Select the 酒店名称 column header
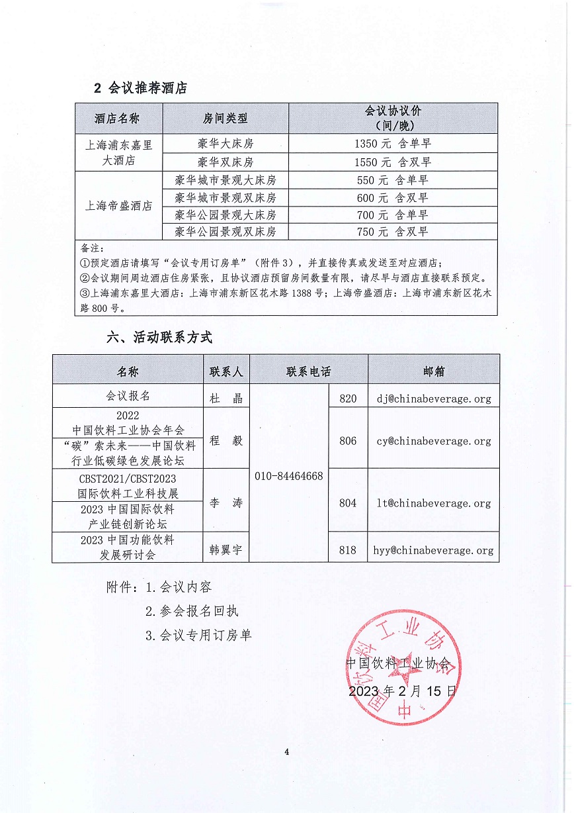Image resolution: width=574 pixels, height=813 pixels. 117,119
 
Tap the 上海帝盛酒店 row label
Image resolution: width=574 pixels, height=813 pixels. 119,206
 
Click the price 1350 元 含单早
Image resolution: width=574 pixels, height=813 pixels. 393,144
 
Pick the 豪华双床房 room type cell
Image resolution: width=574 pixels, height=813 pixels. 225,162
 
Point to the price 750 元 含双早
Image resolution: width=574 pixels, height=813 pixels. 393,232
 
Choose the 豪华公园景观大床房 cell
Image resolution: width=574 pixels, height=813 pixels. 225,215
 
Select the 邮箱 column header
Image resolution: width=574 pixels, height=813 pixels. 434,371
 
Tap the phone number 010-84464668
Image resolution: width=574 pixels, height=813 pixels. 289,477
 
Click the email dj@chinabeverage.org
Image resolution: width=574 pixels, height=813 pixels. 434,399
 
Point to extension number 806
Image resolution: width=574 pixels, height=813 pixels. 348,441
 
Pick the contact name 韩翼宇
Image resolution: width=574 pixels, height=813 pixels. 226,550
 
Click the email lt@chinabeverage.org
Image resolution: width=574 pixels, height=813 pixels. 434,503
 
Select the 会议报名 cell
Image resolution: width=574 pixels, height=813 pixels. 128,396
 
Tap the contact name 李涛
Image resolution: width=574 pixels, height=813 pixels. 226,503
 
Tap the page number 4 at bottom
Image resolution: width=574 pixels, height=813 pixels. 287,751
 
